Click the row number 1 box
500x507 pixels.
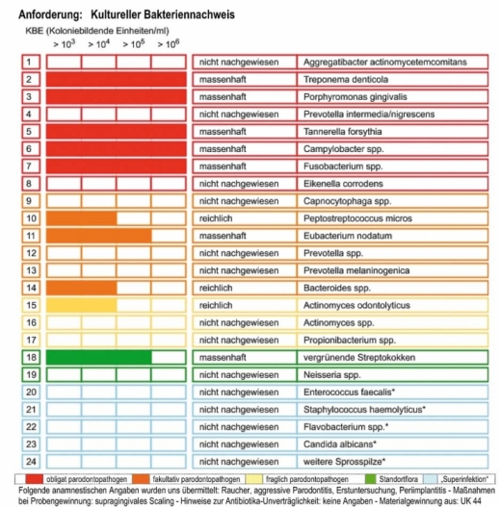pyautogui.click(x=31, y=63)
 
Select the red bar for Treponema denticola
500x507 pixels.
pyautogui.click(x=117, y=80)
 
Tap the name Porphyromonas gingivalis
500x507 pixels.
pyautogui.click(x=355, y=96)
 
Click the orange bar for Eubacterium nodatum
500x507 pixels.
pyautogui.click(x=99, y=236)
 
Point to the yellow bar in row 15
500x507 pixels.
pyautogui.click(x=82, y=305)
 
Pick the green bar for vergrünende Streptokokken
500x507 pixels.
pyautogui.click(x=99, y=357)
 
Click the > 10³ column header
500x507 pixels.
pyautogui.click(x=65, y=43)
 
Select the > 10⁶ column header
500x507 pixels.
pyautogui.click(x=169, y=43)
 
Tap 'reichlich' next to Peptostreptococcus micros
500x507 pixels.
pyautogui.click(x=216, y=218)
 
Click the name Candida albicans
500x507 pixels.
pyautogui.click(x=340, y=444)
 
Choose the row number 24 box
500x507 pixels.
pyautogui.click(x=31, y=462)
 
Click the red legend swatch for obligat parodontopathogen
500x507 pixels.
pyautogui.click(x=35, y=479)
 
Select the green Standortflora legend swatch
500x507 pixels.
pyautogui.click(x=370, y=479)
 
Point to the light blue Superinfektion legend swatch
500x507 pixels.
pyautogui.click(x=431, y=479)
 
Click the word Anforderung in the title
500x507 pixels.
pyautogui.click(x=50, y=14)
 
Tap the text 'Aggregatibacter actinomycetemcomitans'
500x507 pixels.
pyautogui.click(x=385, y=63)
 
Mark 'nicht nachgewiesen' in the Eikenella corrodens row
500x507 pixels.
pyautogui.click(x=239, y=184)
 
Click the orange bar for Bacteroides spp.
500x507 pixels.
pyautogui.click(x=82, y=288)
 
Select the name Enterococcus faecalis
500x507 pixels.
pyautogui.click(x=349, y=393)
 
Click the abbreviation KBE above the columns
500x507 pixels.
pyautogui.click(x=35, y=31)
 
